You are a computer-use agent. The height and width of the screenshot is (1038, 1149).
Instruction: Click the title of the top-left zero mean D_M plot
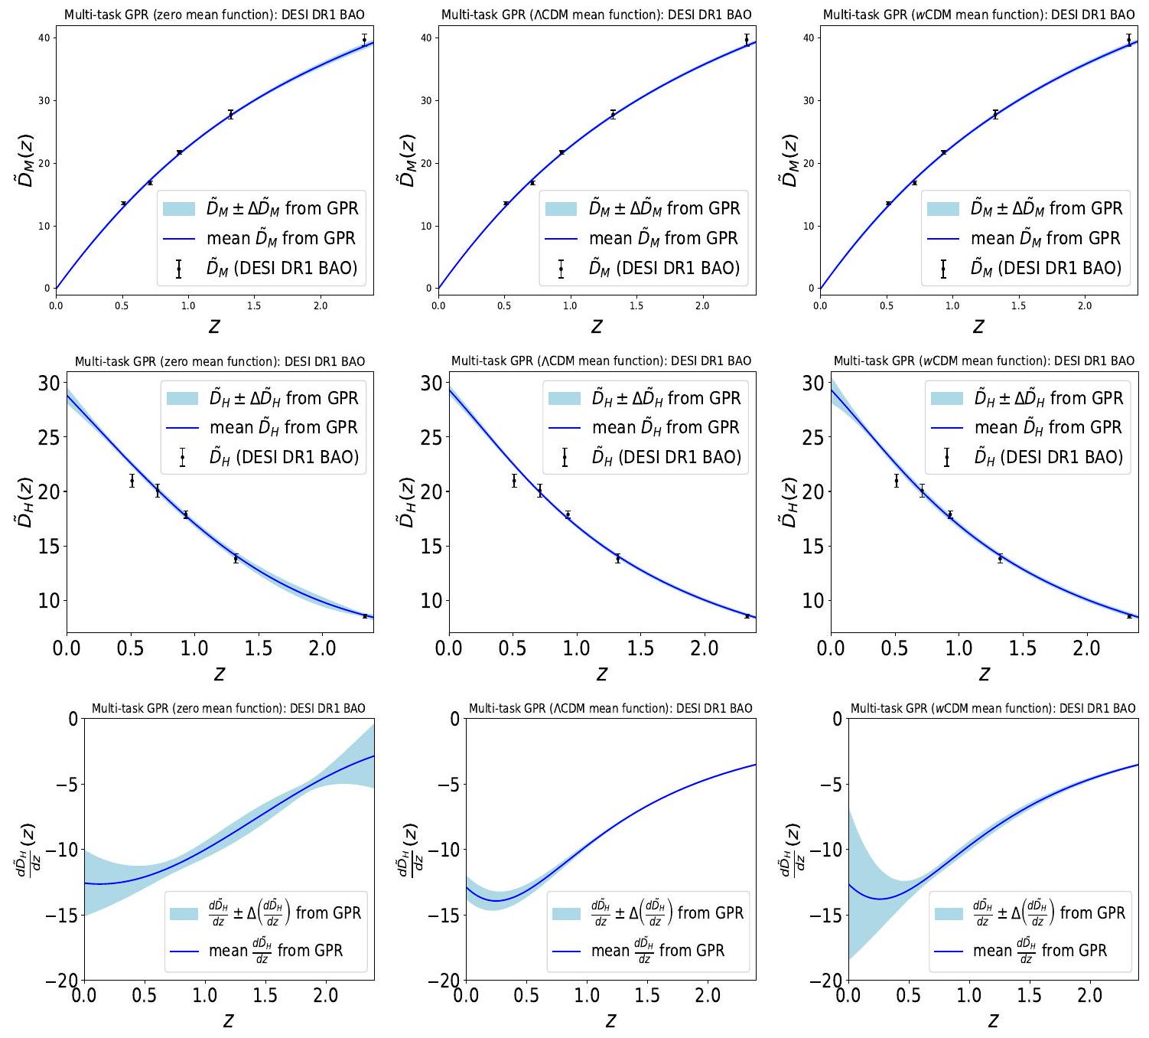(x=214, y=15)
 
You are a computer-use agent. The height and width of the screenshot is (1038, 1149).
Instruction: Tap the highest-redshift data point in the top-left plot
(x=364, y=40)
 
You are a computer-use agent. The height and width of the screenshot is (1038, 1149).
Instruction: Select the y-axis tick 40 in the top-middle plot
(x=426, y=38)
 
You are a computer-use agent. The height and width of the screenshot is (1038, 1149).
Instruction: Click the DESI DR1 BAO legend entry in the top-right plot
(x=1046, y=268)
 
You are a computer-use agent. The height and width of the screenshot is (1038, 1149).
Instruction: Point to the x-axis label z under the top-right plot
(x=978, y=327)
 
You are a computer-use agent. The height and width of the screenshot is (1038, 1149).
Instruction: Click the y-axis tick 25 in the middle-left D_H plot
(x=49, y=438)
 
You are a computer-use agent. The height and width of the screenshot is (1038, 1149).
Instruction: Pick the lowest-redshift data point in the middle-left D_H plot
(x=132, y=481)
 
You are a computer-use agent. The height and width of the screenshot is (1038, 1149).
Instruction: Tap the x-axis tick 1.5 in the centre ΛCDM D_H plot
(x=640, y=648)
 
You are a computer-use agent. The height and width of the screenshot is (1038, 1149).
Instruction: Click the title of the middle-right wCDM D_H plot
(x=984, y=361)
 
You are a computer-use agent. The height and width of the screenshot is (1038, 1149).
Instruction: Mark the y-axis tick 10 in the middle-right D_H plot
(x=813, y=601)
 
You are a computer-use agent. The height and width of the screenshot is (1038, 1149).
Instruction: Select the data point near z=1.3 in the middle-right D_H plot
(x=1000, y=558)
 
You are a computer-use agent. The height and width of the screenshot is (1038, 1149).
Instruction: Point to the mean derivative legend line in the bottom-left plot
(x=185, y=951)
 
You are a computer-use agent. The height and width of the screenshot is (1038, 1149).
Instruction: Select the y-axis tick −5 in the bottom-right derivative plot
(x=831, y=785)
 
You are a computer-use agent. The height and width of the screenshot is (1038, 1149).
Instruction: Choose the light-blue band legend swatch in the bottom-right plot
(x=949, y=913)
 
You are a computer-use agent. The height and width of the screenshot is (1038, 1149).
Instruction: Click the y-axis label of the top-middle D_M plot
(x=407, y=161)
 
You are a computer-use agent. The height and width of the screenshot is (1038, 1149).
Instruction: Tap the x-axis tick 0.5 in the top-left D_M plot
(x=122, y=305)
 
